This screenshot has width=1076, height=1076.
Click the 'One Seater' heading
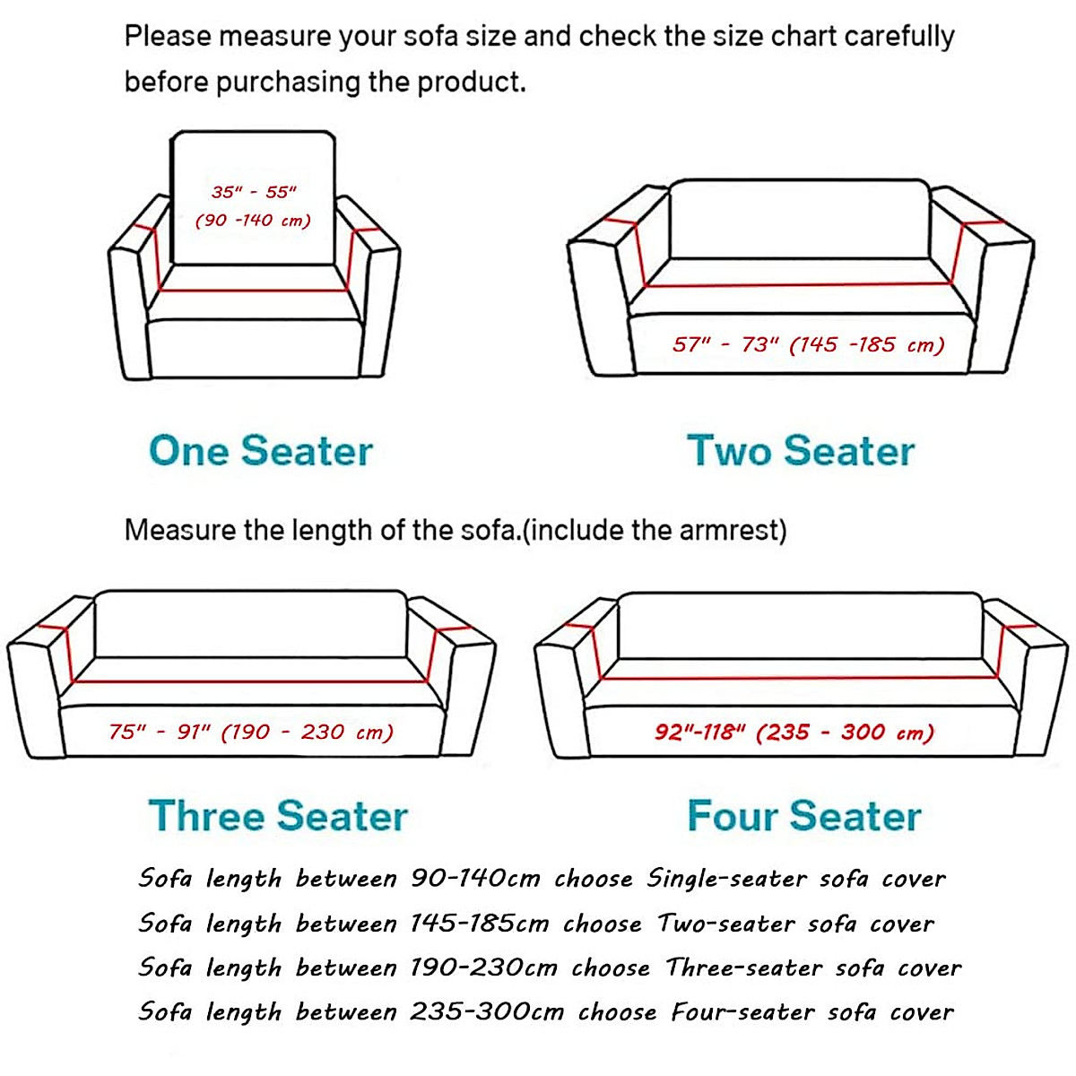pyautogui.click(x=260, y=450)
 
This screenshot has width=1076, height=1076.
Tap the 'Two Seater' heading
pyautogui.click(x=800, y=450)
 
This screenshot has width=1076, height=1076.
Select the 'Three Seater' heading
pyautogui.click(x=278, y=816)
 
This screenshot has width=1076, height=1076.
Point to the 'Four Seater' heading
pyautogui.click(x=803, y=816)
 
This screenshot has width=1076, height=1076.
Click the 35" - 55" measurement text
pyautogui.click(x=254, y=192)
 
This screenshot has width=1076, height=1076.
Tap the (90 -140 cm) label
pyautogui.click(x=253, y=221)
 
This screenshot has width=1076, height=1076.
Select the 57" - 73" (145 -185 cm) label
pyautogui.click(x=809, y=345)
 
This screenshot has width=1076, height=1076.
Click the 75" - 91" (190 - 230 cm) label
pyautogui.click(x=251, y=733)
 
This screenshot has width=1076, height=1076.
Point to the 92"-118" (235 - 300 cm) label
pyautogui.click(x=794, y=733)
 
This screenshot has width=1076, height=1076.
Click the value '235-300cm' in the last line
pyautogui.click(x=487, y=1012)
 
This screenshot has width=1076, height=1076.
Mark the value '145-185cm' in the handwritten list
pyautogui.click(x=479, y=924)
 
